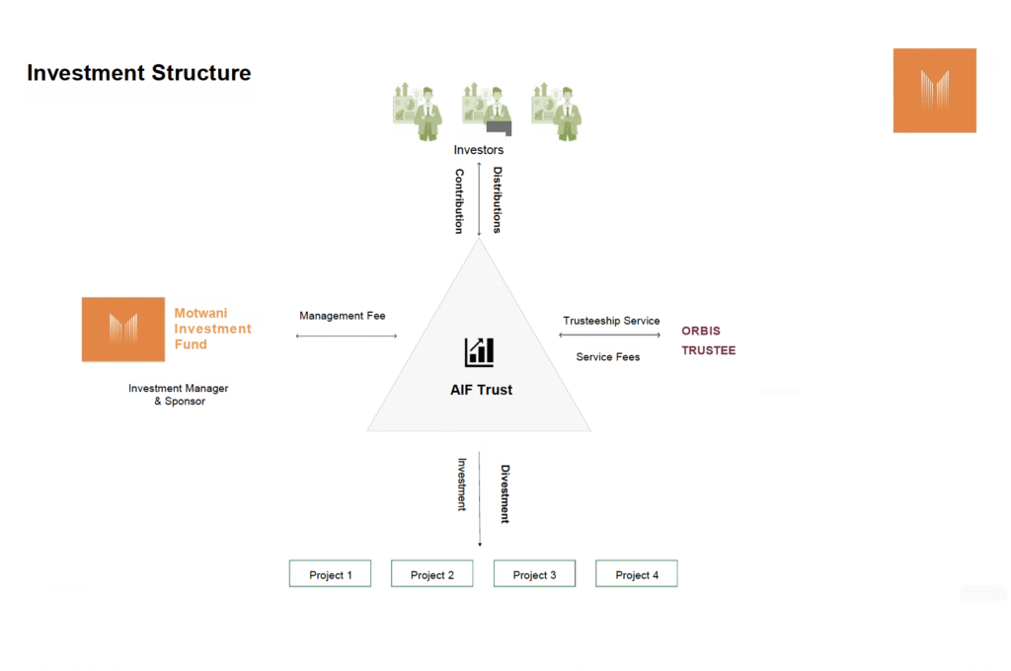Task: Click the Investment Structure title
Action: (138, 73)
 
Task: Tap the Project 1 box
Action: (330, 573)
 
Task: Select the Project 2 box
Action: (432, 573)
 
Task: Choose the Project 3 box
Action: (534, 573)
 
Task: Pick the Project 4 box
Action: (637, 573)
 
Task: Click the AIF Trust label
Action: (481, 390)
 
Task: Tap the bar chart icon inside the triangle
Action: (479, 352)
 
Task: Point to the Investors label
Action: (479, 150)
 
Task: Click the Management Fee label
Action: (343, 316)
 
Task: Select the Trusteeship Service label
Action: (611, 321)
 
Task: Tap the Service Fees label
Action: (608, 357)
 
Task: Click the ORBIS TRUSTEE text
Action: (709, 340)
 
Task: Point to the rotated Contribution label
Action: (459, 201)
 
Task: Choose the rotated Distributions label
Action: (498, 199)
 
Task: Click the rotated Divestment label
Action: (505, 493)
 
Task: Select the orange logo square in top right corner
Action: (934, 90)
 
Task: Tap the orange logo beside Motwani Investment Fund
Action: (123, 330)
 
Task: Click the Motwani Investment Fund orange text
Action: (213, 329)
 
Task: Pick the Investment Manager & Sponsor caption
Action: (179, 395)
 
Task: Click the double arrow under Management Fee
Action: (347, 335)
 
